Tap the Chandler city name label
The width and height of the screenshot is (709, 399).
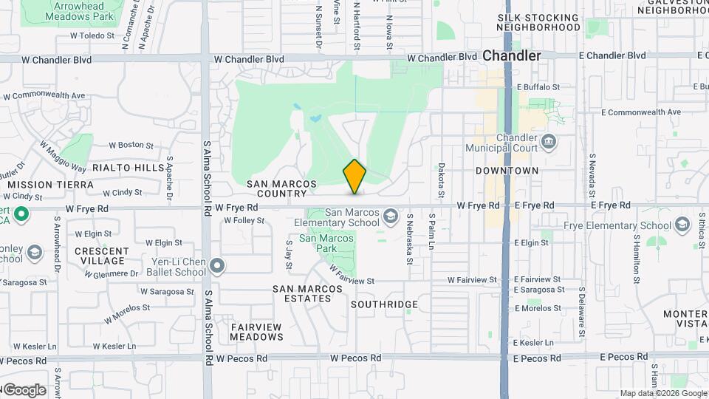[512, 55]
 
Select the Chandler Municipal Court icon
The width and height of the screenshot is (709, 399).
[548, 141]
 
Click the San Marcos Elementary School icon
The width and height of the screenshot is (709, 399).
[389, 216]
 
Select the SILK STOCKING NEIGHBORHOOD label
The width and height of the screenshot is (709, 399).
[538, 22]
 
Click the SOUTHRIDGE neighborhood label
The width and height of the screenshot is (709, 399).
[384, 304]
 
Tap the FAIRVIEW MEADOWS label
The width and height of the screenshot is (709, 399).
[256, 332]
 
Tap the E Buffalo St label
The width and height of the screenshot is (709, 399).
[539, 87]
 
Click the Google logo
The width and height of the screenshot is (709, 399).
[24, 389]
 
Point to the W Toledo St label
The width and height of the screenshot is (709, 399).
[92, 35]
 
